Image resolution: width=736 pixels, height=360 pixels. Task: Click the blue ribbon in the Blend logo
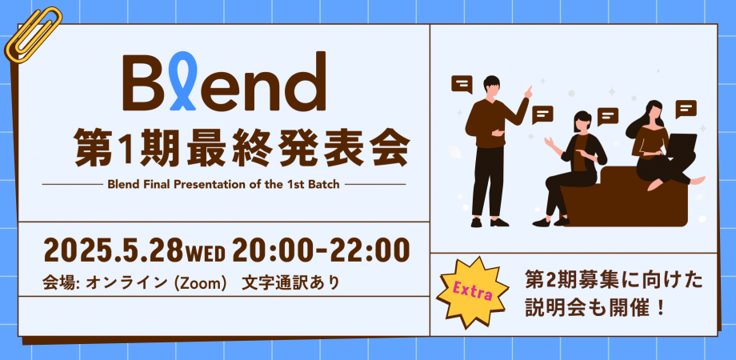coord(182,80)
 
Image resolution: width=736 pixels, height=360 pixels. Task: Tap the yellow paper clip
coord(33,36)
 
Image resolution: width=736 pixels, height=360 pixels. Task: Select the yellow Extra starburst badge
coord(472,293)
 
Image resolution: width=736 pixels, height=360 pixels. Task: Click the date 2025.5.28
coord(113,250)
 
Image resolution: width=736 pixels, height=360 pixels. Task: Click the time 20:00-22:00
coord(321,250)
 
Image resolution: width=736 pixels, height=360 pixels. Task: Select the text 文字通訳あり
coord(290,283)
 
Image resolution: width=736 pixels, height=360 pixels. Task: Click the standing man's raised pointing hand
coord(528,91)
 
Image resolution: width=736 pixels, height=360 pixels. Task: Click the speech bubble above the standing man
coord(462,85)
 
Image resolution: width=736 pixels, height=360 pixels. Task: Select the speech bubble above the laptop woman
coord(686,109)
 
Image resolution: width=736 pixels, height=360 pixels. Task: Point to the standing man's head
coord(491,88)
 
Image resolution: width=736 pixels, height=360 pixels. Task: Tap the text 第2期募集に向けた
coord(614,282)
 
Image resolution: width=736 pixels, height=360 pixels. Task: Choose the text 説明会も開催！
coord(595,310)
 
